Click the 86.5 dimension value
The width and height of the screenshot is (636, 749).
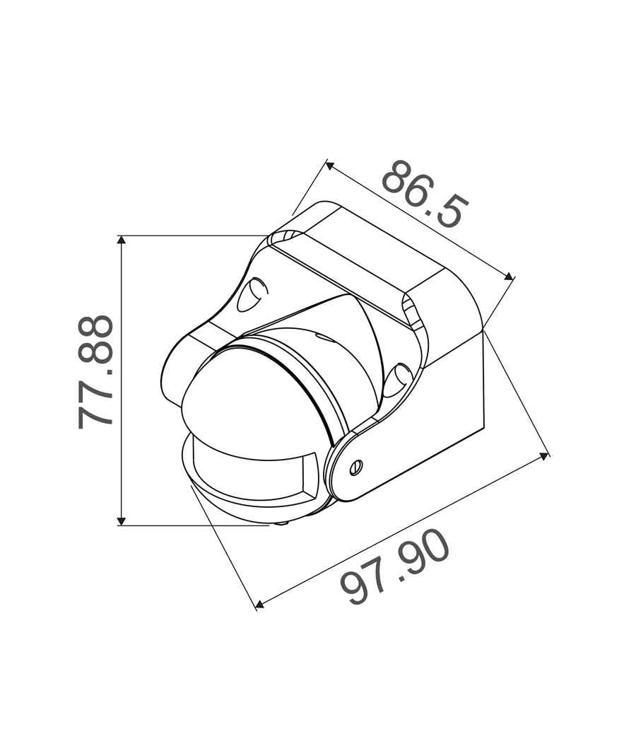tap(425, 194)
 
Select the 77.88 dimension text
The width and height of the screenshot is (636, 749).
tap(95, 371)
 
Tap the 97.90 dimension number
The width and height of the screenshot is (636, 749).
tap(395, 566)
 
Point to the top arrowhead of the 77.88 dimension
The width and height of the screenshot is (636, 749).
tap(122, 240)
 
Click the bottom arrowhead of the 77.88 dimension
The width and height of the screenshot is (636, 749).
tap(122, 521)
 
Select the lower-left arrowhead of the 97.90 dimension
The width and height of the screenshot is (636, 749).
tap(259, 605)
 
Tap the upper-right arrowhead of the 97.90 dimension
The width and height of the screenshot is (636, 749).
tap(544, 456)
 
